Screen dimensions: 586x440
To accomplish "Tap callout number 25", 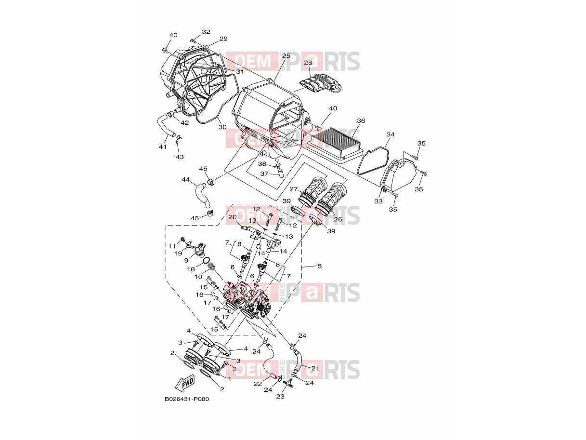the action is tap(286, 56).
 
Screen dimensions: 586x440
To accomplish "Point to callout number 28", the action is tap(308, 63).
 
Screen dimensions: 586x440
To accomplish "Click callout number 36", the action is tap(361, 121).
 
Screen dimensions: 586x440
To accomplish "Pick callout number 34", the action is tap(391, 134).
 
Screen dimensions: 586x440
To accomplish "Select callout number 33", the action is tap(378, 201).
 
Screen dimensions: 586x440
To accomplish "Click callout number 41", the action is tap(163, 147).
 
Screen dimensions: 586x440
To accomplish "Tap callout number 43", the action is tap(180, 157).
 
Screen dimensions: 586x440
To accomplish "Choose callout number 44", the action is tap(186, 180).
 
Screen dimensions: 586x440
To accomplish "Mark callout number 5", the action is tap(320, 266).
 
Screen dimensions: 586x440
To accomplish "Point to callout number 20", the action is tap(233, 217).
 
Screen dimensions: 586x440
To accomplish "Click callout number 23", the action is tap(280, 397).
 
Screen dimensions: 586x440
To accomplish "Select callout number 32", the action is tap(206, 32).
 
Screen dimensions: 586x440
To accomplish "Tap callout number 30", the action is tap(222, 127).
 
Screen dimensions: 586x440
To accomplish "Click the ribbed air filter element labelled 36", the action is tap(335, 145).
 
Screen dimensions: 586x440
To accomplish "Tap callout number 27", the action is tap(293, 189).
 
